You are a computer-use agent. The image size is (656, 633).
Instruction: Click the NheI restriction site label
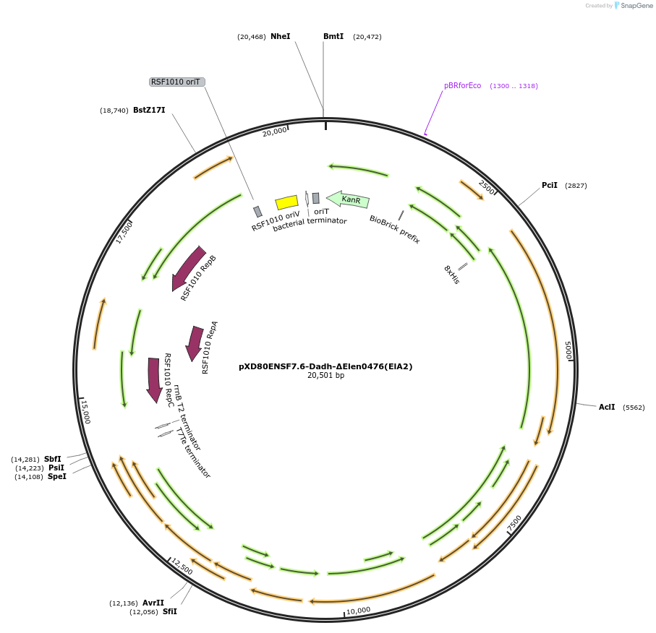pos(280,36)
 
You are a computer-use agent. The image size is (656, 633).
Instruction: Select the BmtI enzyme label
pos(333,36)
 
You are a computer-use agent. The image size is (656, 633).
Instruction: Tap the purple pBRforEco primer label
pos(462,85)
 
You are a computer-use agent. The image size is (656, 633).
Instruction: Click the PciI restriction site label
pos(550,185)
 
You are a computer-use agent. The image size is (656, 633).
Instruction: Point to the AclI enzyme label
pos(607,407)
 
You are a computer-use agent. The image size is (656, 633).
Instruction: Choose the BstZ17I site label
pos(149,110)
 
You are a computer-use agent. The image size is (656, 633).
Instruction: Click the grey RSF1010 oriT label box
pos(177,82)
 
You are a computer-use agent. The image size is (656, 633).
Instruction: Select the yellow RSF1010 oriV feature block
pos(287,202)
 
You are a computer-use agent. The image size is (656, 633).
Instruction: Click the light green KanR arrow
pos(349,199)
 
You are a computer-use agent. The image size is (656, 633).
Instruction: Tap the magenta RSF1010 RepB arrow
pos(188,267)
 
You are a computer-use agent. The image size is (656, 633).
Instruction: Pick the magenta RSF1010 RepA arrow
pos(195,343)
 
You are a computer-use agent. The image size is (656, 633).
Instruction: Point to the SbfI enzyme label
pos(53,459)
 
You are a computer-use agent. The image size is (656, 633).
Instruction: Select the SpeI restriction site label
pos(56,476)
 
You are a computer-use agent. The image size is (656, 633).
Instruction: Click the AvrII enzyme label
pos(153,603)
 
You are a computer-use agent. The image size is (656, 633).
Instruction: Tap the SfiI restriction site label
pos(170,611)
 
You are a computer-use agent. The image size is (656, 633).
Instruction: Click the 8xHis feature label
pos(451,275)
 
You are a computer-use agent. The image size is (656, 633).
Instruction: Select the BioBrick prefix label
pos(394,229)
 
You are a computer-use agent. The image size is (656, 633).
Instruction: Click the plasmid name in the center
pos(325,366)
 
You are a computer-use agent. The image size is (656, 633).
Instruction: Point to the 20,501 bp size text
pos(325,376)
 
